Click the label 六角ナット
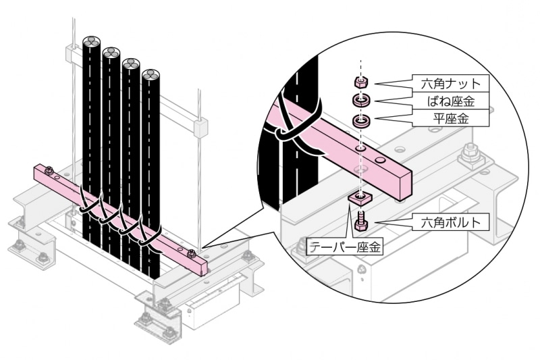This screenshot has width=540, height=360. [451, 84]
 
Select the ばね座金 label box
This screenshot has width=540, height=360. [451, 101]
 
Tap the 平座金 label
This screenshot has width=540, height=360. [451, 119]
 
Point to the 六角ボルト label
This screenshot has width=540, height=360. [451, 222]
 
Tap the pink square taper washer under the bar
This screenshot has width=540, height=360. [358, 199]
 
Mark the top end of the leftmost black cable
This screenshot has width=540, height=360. [92, 43]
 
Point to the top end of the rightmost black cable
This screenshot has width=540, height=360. [150, 75]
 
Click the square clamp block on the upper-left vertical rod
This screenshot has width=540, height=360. [72, 53]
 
